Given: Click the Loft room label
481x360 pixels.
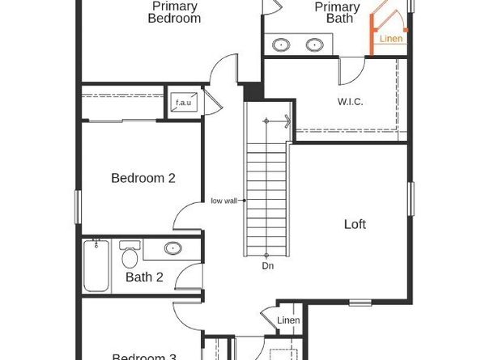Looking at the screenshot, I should coord(355,224).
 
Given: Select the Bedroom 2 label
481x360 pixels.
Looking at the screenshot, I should coord(143,178).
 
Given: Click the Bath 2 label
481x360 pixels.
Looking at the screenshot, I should coord(144,277).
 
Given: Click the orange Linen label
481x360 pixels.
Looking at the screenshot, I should coord(391,38).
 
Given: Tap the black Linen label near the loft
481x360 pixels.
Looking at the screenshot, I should coord(289,321).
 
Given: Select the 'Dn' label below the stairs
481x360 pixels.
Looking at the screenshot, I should coord(267,265).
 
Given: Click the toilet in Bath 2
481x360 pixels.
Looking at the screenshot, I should coord(129,256).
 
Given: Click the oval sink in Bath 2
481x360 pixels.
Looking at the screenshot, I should coord(172,248).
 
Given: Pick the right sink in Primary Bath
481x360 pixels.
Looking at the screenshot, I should coord(314,44).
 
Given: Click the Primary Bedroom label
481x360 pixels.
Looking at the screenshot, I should coord(174,12).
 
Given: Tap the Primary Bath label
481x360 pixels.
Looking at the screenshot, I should coord(338,13).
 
